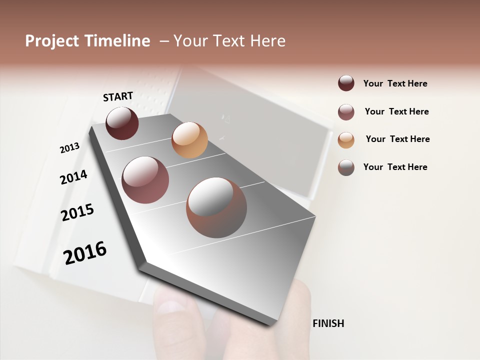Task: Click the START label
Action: click(118, 96)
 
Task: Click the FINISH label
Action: click(328, 323)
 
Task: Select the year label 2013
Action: click(69, 148)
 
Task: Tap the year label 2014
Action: click(73, 177)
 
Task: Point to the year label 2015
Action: click(77, 212)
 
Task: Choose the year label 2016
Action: click(85, 253)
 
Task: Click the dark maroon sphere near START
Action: click(122, 123)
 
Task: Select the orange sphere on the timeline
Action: click(189, 140)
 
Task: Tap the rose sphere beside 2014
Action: click(145, 180)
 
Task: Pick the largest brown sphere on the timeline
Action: click(216, 207)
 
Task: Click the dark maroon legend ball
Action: click(346, 83)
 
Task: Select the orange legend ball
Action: click(346, 139)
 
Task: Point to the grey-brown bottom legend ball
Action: click(346, 167)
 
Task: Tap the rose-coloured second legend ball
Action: click(346, 112)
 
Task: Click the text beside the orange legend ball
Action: click(397, 139)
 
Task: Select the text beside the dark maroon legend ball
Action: click(395, 83)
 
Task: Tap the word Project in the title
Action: click(52, 41)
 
